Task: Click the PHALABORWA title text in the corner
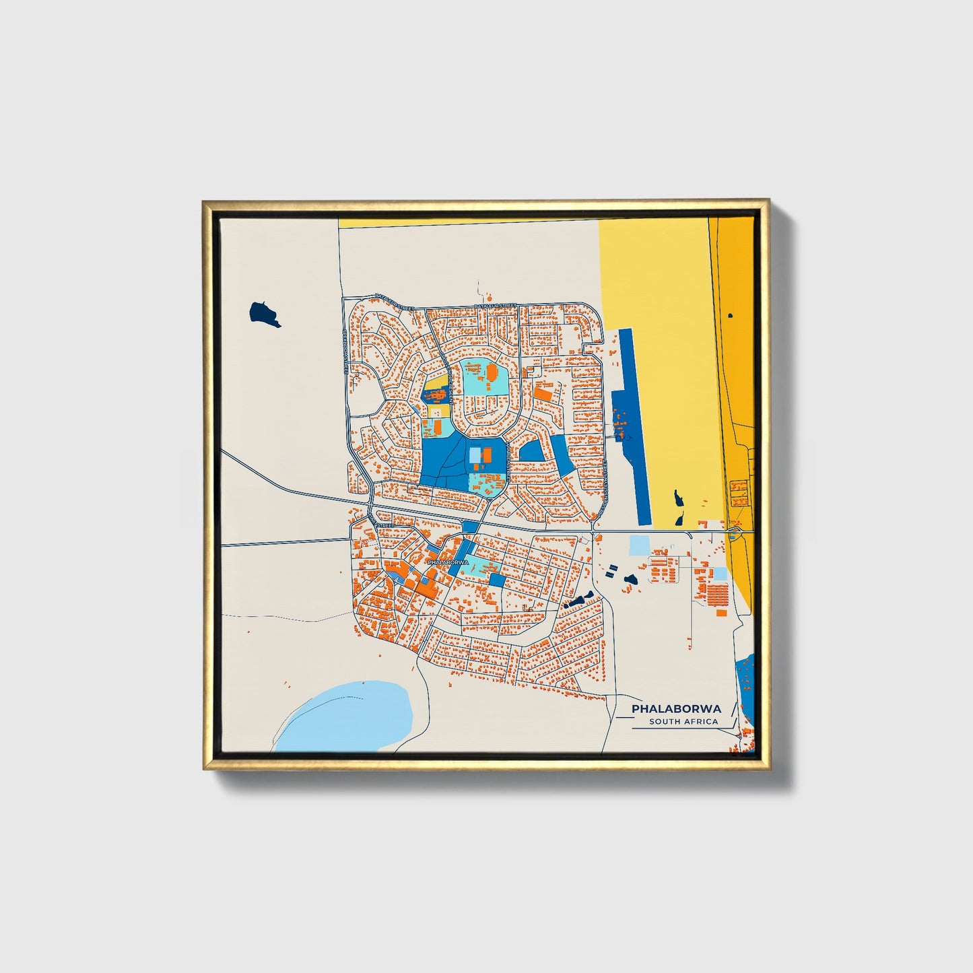676,709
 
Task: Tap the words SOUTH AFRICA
683,722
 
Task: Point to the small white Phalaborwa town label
447,562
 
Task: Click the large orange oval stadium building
492,373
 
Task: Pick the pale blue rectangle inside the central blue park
475,458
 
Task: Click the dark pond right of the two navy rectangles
631,579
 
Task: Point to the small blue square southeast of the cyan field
497,580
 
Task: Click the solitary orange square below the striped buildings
721,613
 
